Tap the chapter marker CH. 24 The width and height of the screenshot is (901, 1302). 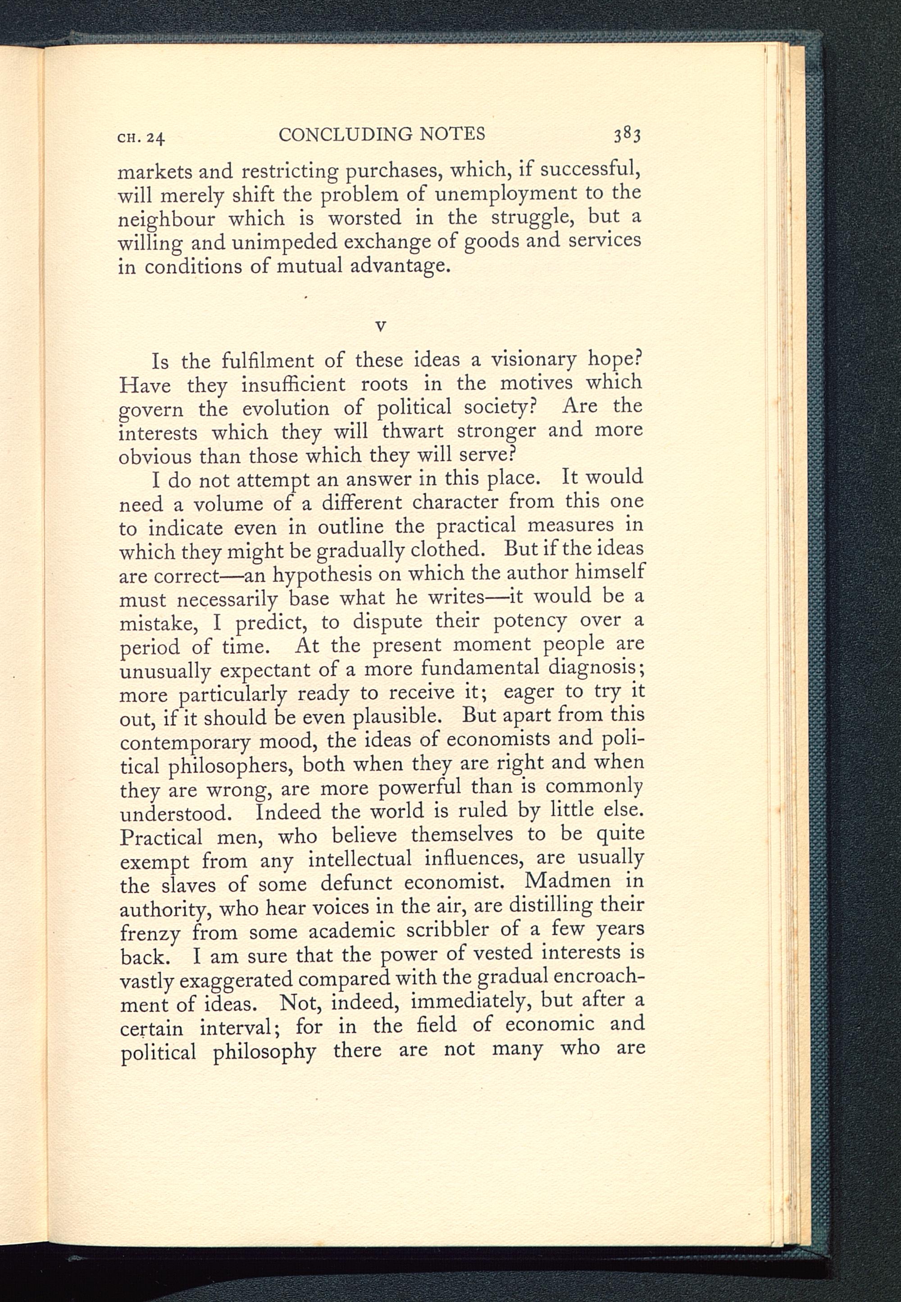(x=141, y=137)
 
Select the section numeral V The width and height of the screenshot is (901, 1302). (x=381, y=326)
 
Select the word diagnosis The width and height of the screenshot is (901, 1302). (x=596, y=668)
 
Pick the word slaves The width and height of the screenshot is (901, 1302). (x=188, y=885)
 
